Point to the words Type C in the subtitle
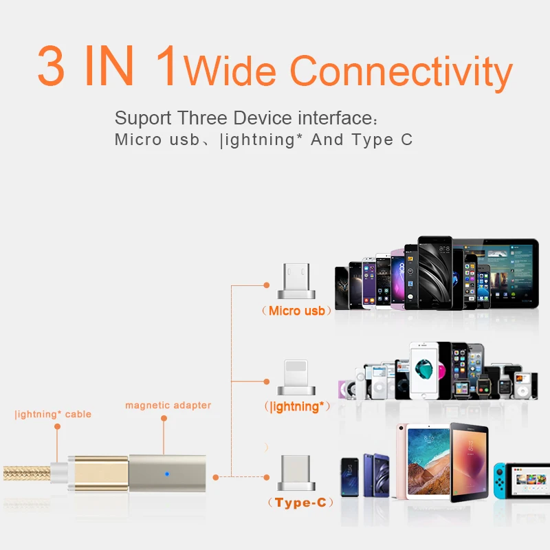tap(382, 140)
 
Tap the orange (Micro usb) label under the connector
tap(296, 311)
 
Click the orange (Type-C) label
tap(300, 503)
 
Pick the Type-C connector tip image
tap(296, 474)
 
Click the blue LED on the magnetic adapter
tap(167, 474)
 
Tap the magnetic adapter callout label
tap(168, 406)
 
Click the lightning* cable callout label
tap(53, 415)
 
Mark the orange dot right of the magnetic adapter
tap(215, 476)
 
